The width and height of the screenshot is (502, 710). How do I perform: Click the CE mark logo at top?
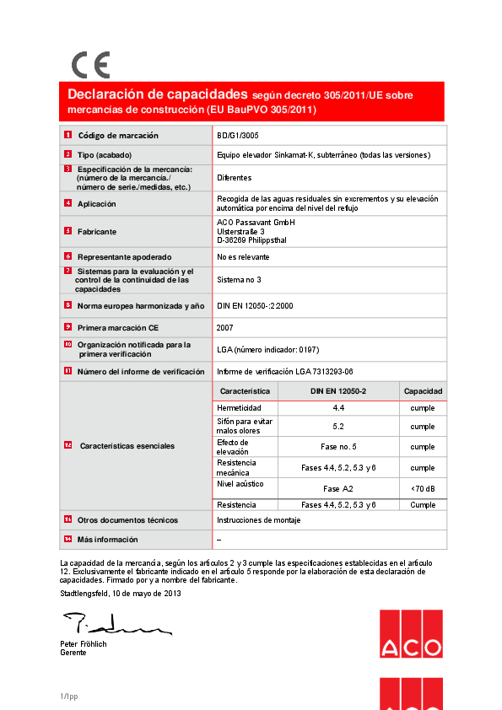coord(90,65)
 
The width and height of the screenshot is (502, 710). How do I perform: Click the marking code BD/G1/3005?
coord(237,135)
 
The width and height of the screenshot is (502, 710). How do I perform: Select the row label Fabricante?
coord(97,231)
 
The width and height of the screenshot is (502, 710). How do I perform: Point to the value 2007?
coord(225,326)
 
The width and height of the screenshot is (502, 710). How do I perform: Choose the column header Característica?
coord(245,391)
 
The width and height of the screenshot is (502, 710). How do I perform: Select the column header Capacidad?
coord(423,391)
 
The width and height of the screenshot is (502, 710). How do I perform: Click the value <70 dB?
coord(423,489)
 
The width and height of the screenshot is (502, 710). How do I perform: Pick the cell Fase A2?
coord(337,489)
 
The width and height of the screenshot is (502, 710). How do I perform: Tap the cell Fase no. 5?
coord(337,447)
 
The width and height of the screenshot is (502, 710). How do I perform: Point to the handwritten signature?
coord(114,626)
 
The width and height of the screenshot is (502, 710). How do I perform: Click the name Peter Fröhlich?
coord(84,644)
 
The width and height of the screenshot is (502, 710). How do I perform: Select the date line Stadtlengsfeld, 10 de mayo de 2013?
coord(121,594)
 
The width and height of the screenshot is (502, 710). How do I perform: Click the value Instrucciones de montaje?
coord(258,520)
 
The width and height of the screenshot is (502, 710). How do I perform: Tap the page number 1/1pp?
coord(68,696)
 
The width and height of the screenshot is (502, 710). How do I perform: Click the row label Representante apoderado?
coord(124,256)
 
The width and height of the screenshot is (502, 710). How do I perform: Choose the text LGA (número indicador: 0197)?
coord(267,349)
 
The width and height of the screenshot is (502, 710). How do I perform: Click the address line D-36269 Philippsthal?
coord(252,239)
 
